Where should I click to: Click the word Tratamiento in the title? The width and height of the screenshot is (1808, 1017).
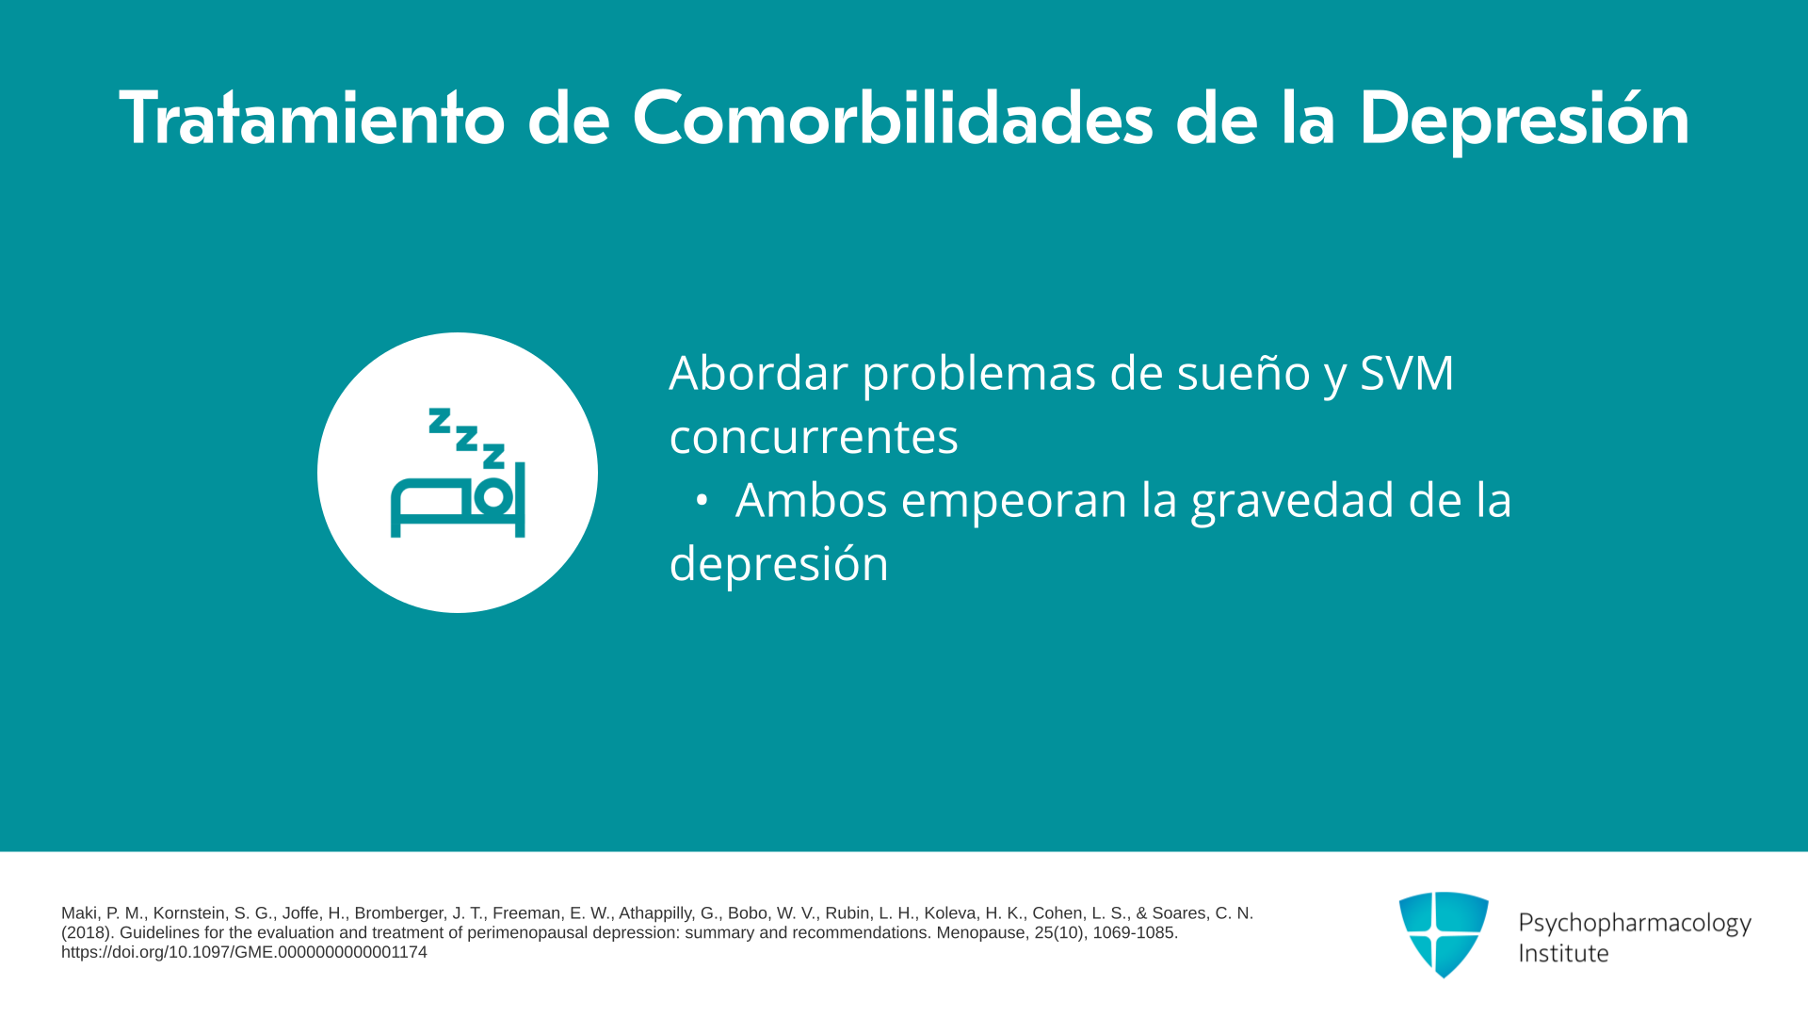312,119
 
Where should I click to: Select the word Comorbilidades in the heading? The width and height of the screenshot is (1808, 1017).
892,119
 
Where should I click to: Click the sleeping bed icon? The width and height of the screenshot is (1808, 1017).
458,473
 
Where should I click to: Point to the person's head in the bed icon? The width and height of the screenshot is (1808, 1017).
492,497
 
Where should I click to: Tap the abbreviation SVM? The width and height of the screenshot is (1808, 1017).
1407,373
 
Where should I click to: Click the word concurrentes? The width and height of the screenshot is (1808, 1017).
814,437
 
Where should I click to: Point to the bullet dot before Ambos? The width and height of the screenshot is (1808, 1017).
701,501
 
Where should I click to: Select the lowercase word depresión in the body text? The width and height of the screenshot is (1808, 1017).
779,564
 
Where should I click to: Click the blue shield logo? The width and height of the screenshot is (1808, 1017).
1444,934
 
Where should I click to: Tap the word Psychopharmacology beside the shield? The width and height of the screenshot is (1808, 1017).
1635,924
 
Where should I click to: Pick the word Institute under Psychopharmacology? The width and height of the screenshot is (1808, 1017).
1563,953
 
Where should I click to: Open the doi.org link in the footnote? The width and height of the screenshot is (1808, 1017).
244,952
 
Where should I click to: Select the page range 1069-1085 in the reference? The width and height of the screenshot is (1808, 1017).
1135,933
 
